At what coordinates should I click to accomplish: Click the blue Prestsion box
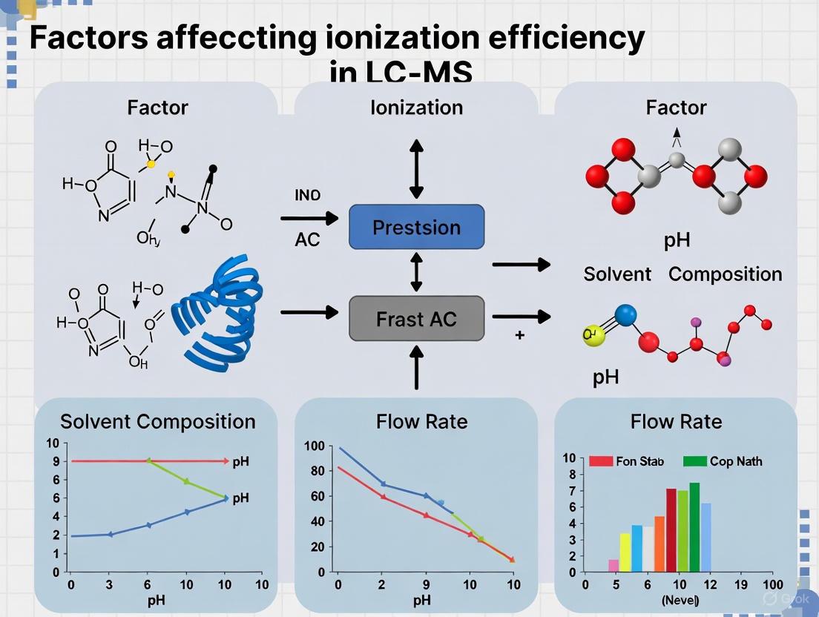pyautogui.click(x=416, y=227)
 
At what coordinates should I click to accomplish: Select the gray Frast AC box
pyautogui.click(x=416, y=319)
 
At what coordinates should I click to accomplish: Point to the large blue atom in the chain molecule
pyautogui.click(x=625, y=314)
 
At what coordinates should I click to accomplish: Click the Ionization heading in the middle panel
pyautogui.click(x=416, y=108)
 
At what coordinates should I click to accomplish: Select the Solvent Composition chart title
pyautogui.click(x=157, y=421)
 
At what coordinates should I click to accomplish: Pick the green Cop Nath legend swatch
pyautogui.click(x=694, y=461)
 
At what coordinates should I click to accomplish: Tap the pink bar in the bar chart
pyautogui.click(x=614, y=565)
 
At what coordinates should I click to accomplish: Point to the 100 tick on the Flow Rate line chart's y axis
pyautogui.click(x=315, y=446)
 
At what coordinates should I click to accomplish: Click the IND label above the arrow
pyautogui.click(x=308, y=196)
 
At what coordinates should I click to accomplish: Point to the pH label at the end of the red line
pyautogui.click(x=240, y=461)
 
